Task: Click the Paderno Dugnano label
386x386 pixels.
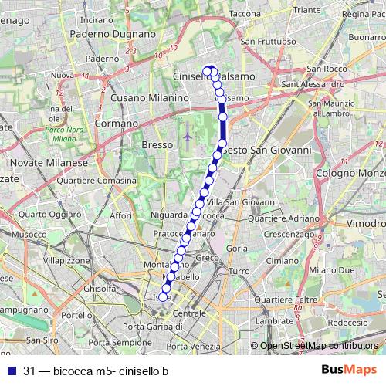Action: [x=108, y=35]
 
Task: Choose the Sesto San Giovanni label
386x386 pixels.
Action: [x=266, y=149]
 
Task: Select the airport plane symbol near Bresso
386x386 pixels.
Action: [x=188, y=137]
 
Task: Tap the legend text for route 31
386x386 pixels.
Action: [x=96, y=371]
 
